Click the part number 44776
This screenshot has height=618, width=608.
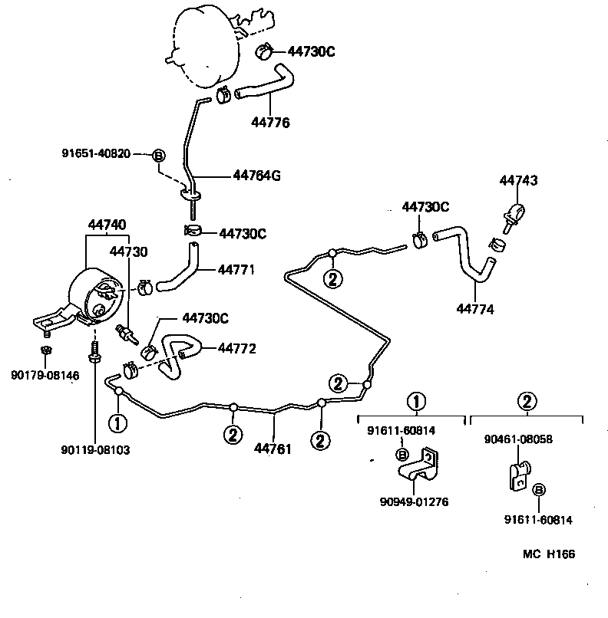pyautogui.click(x=270, y=122)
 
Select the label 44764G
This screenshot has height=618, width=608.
pyautogui.click(x=256, y=176)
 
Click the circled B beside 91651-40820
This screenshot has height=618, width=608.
pyautogui.click(x=159, y=154)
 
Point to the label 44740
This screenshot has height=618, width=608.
pyautogui.click(x=107, y=225)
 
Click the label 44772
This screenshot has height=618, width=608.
pyautogui.click(x=236, y=348)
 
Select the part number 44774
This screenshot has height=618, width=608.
pyautogui.click(x=475, y=309)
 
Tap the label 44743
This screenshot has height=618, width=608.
pyautogui.click(x=518, y=181)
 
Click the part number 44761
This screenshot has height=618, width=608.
pyautogui.click(x=273, y=449)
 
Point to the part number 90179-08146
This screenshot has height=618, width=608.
pyautogui.click(x=45, y=375)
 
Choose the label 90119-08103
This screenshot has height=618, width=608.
pyautogui.click(x=96, y=450)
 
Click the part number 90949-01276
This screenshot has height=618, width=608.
pyautogui.click(x=414, y=501)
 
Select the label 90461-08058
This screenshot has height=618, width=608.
pyautogui.click(x=518, y=439)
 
